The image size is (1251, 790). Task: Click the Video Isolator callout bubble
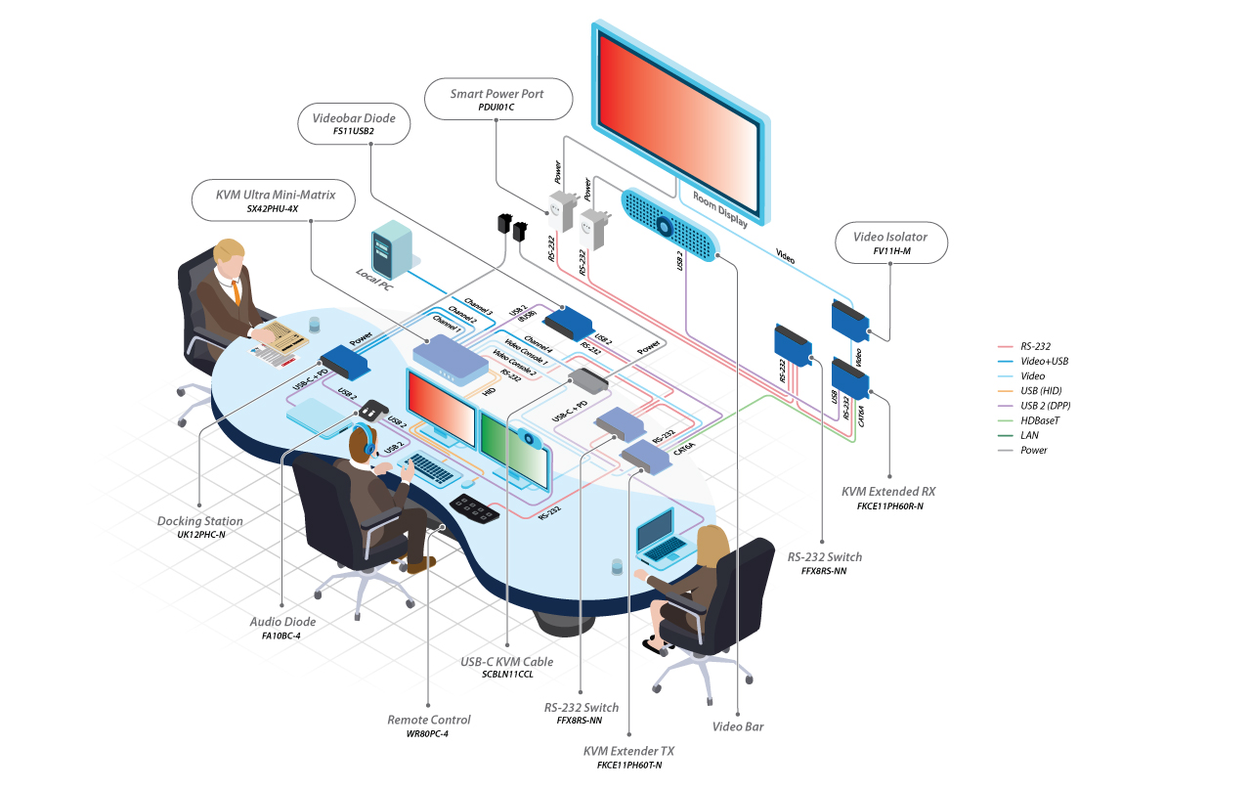(x=890, y=241)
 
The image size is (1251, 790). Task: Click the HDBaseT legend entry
(x=1042, y=420)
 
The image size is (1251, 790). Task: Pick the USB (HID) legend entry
(x=1042, y=391)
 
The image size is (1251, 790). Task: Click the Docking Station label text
(x=200, y=521)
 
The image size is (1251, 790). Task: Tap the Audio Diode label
(x=282, y=622)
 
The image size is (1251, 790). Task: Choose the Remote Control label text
(x=429, y=720)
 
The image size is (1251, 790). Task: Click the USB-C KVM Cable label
(x=506, y=662)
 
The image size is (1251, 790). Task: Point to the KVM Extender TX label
(x=628, y=751)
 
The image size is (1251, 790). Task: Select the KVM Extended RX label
(x=888, y=491)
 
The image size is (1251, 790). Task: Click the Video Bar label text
(x=738, y=726)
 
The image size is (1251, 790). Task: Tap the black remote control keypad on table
(x=477, y=508)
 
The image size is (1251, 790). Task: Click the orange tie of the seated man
(x=237, y=292)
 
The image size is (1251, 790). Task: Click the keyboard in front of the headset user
(x=431, y=468)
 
